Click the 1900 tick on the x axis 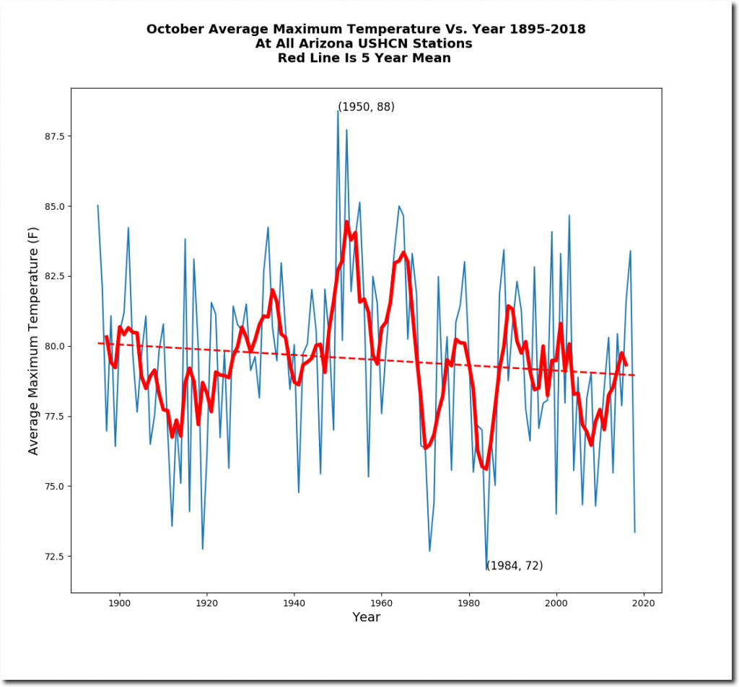pos(119,603)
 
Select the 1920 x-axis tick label pos(206,603)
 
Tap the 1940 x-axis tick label pos(294,603)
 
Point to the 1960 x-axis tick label pos(381,603)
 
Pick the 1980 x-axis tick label pos(469,603)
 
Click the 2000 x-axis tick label pos(556,603)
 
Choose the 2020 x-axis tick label pos(644,603)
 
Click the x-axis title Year pos(366,617)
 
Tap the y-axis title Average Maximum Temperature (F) pos(33,342)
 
